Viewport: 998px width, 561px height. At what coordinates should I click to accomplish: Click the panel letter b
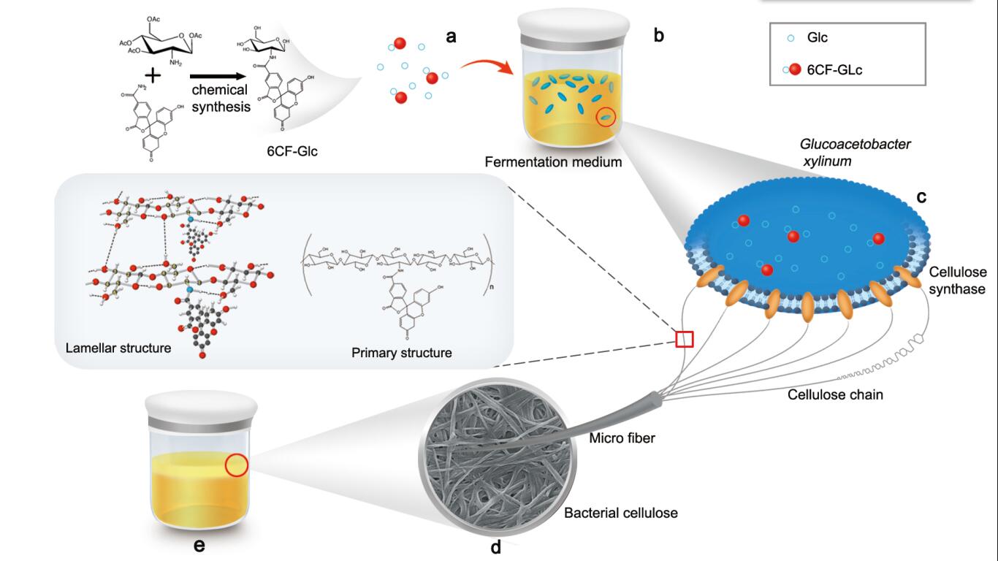click(659, 34)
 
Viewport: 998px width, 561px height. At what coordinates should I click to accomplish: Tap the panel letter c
click(921, 196)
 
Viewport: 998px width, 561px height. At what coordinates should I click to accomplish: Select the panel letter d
click(495, 547)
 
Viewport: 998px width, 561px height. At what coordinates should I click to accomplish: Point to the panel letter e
click(199, 546)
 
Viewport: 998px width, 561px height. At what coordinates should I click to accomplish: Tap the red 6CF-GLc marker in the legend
click(795, 69)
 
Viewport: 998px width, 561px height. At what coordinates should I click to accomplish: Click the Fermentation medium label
click(553, 161)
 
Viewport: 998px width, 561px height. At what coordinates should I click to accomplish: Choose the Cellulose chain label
click(835, 395)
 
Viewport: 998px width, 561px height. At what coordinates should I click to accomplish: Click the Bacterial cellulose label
click(620, 513)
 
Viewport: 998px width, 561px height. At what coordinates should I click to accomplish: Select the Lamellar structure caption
click(118, 348)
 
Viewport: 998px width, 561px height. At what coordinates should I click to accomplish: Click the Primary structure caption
click(401, 353)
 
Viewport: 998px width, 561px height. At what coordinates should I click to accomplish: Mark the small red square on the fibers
click(684, 339)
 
